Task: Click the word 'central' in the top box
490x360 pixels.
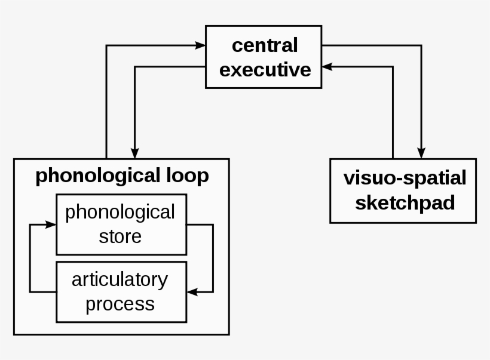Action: (264, 45)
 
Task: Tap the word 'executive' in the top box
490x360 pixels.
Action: (265, 69)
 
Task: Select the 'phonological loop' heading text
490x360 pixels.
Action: (122, 176)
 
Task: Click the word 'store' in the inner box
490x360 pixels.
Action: (120, 236)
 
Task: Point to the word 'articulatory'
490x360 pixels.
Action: (120, 279)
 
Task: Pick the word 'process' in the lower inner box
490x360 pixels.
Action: (120, 303)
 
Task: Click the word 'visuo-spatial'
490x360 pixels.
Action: (405, 177)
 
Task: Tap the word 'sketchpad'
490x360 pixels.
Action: (405, 202)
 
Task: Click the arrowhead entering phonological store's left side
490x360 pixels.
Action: (51, 224)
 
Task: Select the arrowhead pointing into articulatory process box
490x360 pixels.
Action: (192, 292)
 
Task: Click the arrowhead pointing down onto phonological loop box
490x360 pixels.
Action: (135, 153)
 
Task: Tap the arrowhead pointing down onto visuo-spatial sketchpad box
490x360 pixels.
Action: (421, 153)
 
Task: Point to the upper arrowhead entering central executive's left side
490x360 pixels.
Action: (201, 45)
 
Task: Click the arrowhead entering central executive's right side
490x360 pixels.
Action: (327, 67)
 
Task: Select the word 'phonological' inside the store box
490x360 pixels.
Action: (120, 212)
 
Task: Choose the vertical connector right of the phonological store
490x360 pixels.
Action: (213, 258)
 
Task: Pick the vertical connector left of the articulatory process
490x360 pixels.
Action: (30, 258)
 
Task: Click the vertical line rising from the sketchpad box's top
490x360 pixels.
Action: (393, 113)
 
